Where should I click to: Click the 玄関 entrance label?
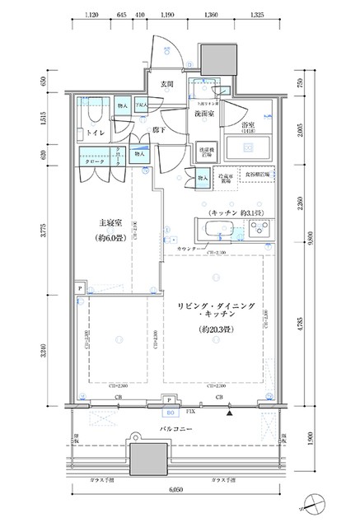coord(166,83)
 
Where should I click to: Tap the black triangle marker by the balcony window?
coord(231,412)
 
